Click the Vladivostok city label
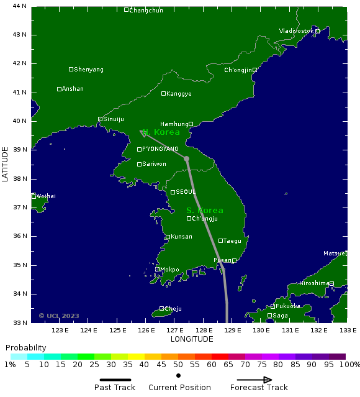pyautogui.click(x=297, y=31)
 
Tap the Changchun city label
pyautogui.click(x=146, y=10)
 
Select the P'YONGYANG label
pyautogui.click(x=160, y=149)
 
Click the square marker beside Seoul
pyautogui.click(x=173, y=193)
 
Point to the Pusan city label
pyautogui.click(x=222, y=260)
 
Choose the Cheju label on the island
pyautogui.click(x=173, y=308)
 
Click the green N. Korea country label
pyautogui.click(x=161, y=132)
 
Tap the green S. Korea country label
pyautogui.click(x=205, y=211)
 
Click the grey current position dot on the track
pyautogui.click(x=186, y=158)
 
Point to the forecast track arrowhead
pyautogui.click(x=143, y=132)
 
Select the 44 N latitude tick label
pyautogui.click(x=20, y=6)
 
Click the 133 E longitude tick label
pyautogui.click(x=347, y=331)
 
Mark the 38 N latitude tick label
pyautogui.click(x=20, y=179)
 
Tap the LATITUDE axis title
pyautogui.click(x=5, y=164)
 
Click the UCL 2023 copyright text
pyautogui.click(x=59, y=316)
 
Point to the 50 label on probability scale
pyautogui.click(x=178, y=365)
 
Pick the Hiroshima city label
pyautogui.click(x=314, y=283)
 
